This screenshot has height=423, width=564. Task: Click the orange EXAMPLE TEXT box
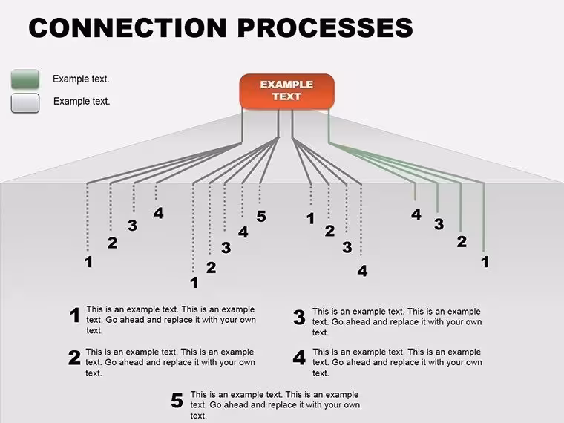coord(287,91)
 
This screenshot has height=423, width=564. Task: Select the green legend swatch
coord(25,79)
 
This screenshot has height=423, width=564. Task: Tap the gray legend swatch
coord(25,103)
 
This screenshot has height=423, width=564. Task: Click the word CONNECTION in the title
coord(128,27)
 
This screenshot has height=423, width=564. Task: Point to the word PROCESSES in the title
coord(325,27)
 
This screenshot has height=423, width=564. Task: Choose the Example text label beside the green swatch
coord(81,79)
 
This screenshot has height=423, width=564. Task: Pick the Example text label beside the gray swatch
coord(82,102)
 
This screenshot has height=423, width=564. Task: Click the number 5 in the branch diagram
coord(261,217)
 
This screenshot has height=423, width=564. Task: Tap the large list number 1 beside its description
coord(75,315)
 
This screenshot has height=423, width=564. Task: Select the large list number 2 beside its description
coord(74,358)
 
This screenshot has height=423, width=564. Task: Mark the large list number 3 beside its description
coord(299,318)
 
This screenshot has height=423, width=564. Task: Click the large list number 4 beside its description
coord(299,358)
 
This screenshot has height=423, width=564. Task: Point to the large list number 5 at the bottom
coord(177,401)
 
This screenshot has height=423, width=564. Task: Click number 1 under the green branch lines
coord(485,262)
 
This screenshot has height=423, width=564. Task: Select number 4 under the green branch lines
coord(416,214)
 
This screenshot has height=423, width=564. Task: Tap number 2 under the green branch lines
coord(462,241)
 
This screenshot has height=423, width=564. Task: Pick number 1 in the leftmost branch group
coord(88,262)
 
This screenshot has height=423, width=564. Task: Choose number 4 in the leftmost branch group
coord(159,213)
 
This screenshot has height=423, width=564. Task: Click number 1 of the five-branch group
coord(194,283)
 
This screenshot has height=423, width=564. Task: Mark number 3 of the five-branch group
coord(226,247)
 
